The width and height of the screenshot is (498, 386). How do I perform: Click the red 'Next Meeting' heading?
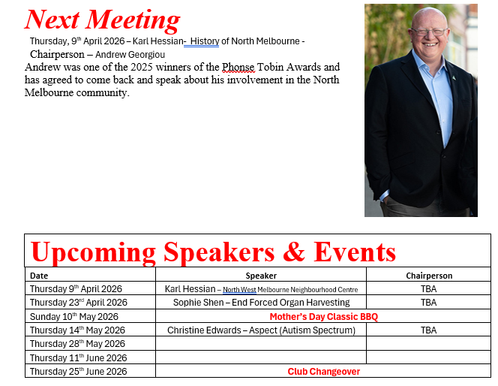pos(102,20)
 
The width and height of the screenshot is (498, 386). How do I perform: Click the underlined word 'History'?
pos(205,41)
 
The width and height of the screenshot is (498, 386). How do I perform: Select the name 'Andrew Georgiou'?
pos(130,55)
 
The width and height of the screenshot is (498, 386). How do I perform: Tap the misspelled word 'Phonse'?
pos(238,67)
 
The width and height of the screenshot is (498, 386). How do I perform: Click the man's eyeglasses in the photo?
pos(430,32)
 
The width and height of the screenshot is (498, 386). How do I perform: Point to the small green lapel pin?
pos(454,77)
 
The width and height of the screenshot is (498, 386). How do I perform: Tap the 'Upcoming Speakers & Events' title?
pos(213,252)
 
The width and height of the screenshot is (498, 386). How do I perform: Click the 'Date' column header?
pos(39,276)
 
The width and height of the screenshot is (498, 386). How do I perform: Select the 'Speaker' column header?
pos(261,276)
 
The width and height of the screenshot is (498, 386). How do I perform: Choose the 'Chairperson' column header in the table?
pos(429,276)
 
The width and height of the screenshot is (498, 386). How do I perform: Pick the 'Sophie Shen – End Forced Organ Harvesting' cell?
pos(261,303)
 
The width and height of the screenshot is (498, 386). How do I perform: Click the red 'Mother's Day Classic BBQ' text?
pos(324,317)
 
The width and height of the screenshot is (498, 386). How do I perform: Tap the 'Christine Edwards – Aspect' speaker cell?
pos(261,330)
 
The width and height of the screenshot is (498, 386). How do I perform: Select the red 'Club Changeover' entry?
pos(324,372)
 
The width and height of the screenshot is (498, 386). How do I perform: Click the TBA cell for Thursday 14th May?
pos(428,330)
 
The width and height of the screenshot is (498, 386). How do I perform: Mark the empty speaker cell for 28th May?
pos(261,344)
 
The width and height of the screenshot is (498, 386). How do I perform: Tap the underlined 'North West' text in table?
pos(239,290)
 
